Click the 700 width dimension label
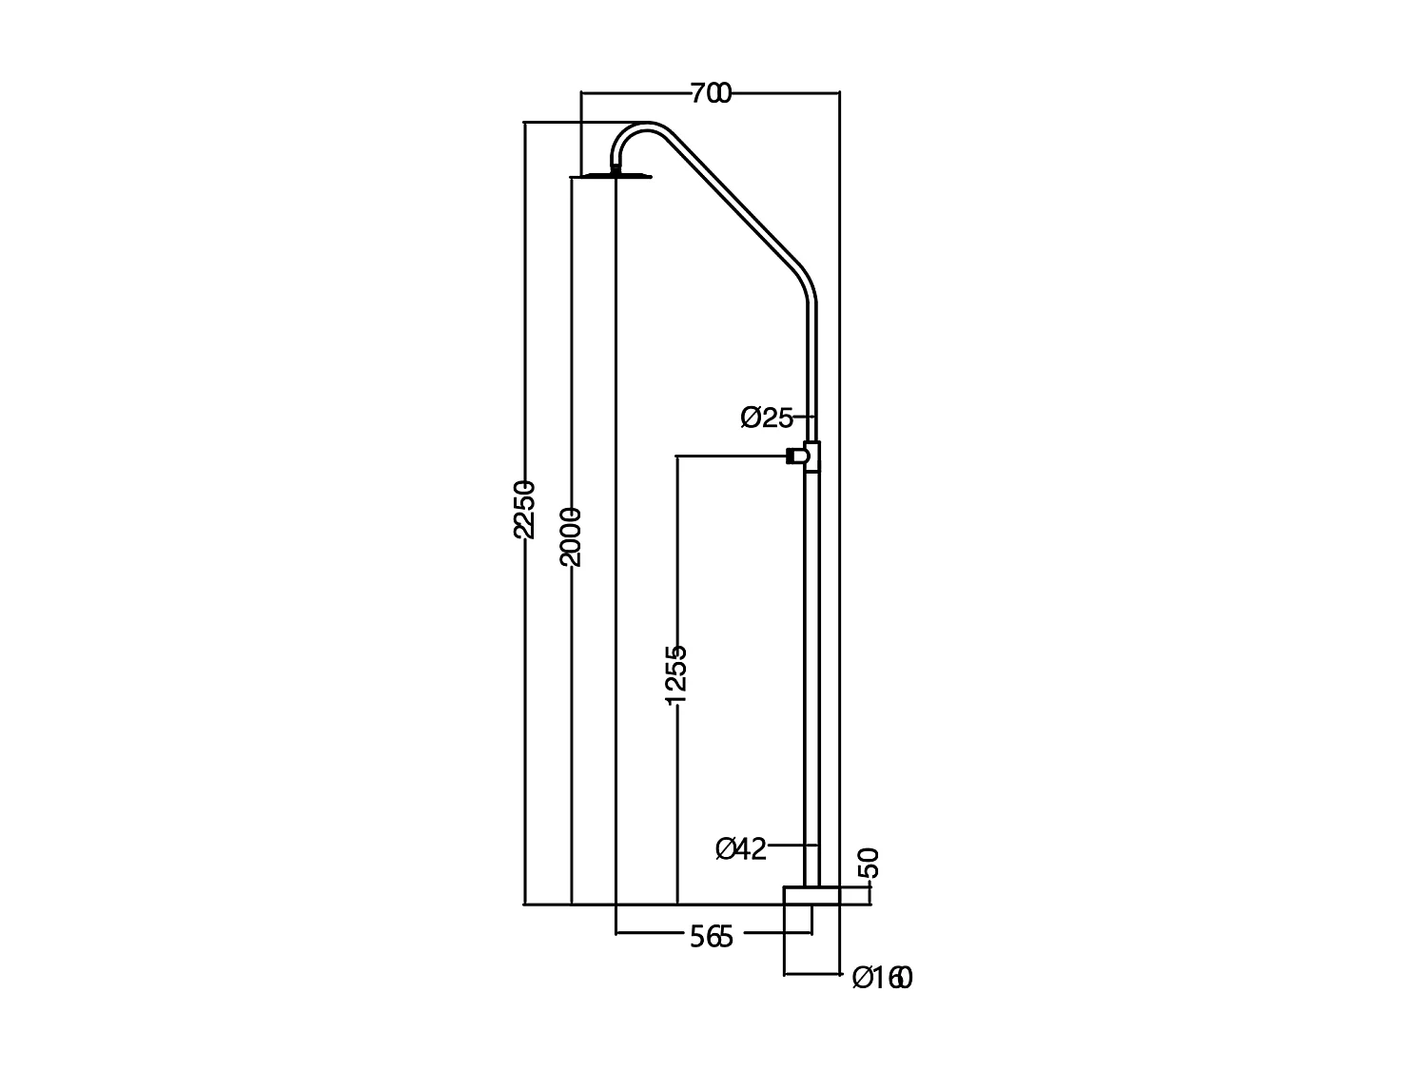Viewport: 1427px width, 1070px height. (x=711, y=93)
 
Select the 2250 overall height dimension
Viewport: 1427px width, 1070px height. (x=524, y=510)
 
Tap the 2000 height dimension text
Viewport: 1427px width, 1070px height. (x=571, y=537)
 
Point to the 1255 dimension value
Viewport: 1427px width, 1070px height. (x=675, y=675)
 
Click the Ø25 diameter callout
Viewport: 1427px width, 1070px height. (x=767, y=417)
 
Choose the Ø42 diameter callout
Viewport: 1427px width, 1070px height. (x=741, y=848)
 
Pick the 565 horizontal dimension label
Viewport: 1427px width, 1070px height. (x=712, y=938)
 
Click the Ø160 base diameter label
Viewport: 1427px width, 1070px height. (x=882, y=977)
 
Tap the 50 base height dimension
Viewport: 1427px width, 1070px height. (x=869, y=863)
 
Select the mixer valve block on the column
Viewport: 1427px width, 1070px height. (x=812, y=457)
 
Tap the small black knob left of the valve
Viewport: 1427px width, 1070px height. (x=791, y=457)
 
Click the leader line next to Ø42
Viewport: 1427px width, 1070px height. (x=792, y=844)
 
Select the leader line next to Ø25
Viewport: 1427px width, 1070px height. (x=805, y=417)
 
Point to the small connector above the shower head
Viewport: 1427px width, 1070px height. (x=616, y=168)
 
